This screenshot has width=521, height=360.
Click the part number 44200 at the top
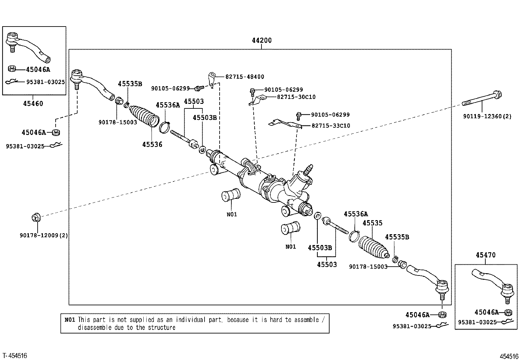[x=262, y=41]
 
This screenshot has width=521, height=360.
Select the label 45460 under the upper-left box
[x=33, y=104]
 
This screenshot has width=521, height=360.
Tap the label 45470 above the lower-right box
[x=486, y=255]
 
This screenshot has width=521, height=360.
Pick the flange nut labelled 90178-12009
[x=36, y=218]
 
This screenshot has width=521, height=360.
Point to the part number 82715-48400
[x=245, y=77]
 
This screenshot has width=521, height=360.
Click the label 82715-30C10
[x=296, y=97]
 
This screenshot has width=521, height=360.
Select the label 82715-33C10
[x=331, y=126]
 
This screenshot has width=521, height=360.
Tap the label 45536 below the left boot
[x=152, y=144]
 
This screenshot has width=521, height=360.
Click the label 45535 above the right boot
[x=372, y=223]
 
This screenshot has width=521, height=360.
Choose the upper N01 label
[x=232, y=214]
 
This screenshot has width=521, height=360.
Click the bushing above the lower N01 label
[x=291, y=228]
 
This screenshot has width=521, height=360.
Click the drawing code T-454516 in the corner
[x=15, y=356]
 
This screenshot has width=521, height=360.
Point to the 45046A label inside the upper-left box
[x=38, y=70]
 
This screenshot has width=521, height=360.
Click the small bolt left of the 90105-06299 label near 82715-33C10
[x=299, y=116]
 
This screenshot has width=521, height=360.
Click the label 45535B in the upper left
[x=130, y=84]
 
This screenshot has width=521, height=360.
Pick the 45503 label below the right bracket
[x=327, y=265]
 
